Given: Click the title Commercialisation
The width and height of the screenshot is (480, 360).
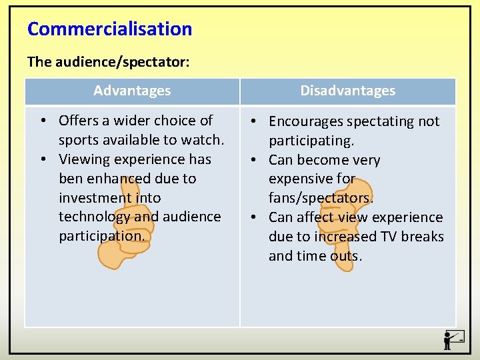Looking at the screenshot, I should pyautogui.click(x=109, y=29).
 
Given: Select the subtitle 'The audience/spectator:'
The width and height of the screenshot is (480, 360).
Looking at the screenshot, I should pyautogui.click(x=108, y=62).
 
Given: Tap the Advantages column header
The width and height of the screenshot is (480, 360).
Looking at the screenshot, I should pyautogui.click(x=132, y=91).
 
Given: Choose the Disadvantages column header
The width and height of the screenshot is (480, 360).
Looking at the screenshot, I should pyautogui.click(x=347, y=91).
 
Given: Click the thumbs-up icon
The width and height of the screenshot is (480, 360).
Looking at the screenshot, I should pyautogui.click(x=125, y=220).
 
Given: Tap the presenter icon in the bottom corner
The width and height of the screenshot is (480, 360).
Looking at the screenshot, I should pyautogui.click(x=453, y=339).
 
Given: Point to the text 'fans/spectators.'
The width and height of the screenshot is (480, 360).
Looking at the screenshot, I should pyautogui.click(x=321, y=198).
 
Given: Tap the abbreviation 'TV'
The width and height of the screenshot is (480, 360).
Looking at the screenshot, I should pyautogui.click(x=388, y=237).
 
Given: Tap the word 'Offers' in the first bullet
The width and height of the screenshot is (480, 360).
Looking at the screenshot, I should pyautogui.click(x=79, y=121).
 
